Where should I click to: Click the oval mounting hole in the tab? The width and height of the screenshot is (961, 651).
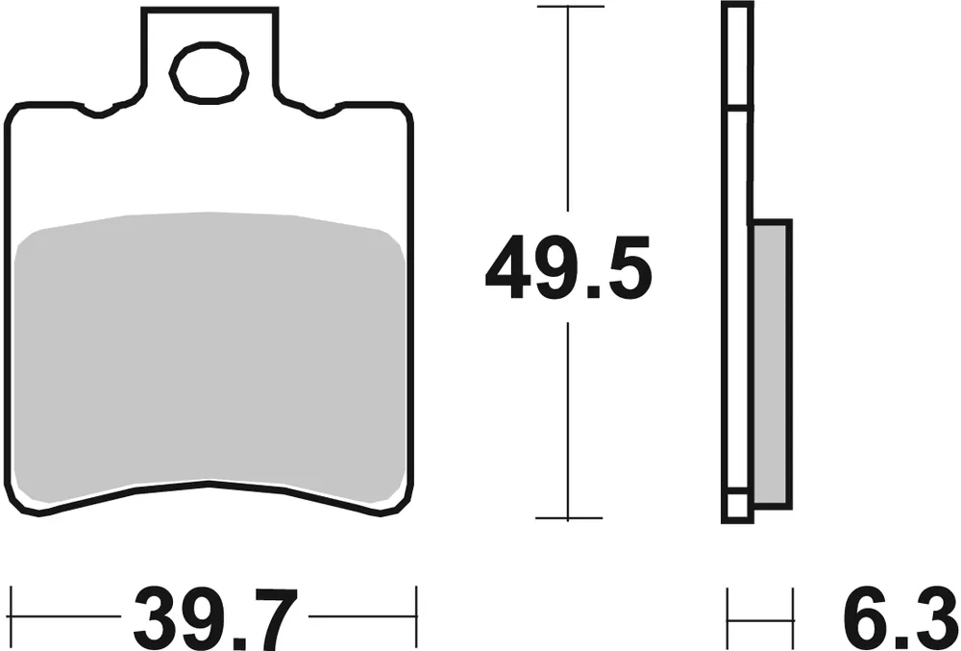[209, 73]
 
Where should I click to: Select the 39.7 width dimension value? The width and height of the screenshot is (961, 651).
[210, 615]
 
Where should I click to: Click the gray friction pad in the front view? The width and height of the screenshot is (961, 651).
[210, 361]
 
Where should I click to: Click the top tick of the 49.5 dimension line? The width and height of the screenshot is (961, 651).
[569, 7]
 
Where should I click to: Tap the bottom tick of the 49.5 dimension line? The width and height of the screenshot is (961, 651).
[569, 518]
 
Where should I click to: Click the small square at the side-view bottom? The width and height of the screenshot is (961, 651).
[737, 507]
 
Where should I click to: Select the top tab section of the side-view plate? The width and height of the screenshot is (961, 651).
[737, 56]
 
